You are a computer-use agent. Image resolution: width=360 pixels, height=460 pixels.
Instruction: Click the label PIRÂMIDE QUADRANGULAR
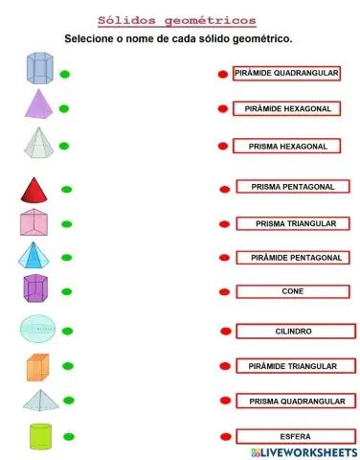coord(286,73)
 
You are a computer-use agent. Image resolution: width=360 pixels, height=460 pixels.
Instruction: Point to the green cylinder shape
coord(39,435)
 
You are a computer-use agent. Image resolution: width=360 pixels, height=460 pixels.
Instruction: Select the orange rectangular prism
coord(38,367)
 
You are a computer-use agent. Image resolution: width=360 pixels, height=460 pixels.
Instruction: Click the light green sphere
coord(38,329)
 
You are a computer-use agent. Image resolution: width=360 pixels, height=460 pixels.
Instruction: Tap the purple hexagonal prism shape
coord(35,288)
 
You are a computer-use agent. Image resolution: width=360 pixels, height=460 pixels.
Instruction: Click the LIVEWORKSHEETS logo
coord(304,450)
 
